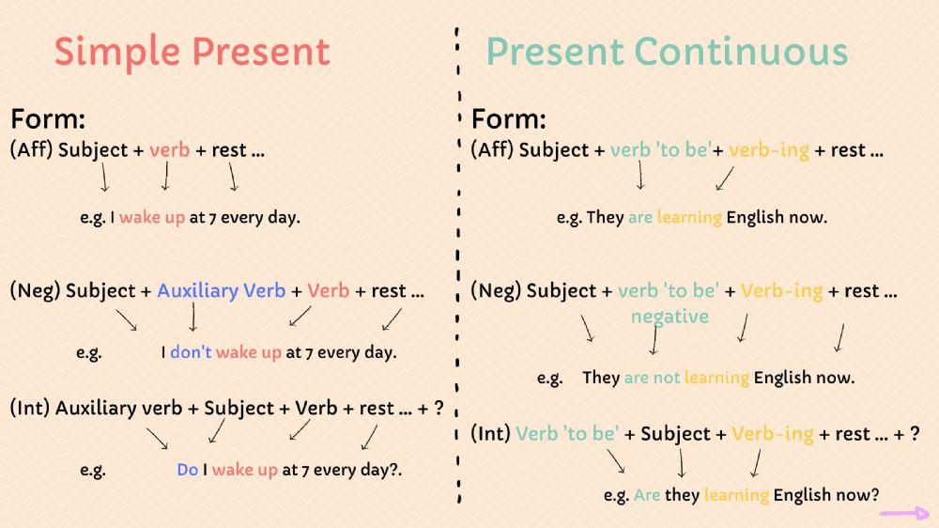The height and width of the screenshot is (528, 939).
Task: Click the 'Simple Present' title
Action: pos(192,52)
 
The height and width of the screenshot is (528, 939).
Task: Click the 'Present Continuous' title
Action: pos(667,52)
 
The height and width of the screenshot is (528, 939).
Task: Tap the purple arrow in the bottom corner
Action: pos(904,514)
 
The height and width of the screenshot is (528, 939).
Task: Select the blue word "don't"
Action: pos(191,353)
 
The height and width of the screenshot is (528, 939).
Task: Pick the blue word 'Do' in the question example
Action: pos(187,470)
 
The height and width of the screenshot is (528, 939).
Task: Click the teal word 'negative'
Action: pos(670,317)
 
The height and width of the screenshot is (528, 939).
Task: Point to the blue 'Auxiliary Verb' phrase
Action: pos(221,290)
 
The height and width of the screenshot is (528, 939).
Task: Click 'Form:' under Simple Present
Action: pos(48,119)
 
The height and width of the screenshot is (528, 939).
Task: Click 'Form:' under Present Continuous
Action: pos(508,119)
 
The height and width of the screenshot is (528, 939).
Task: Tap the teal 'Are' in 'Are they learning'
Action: pos(647,494)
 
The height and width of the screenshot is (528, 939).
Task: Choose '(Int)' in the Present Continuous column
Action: pos(490,434)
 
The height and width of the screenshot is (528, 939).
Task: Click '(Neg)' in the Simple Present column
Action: pos(35,290)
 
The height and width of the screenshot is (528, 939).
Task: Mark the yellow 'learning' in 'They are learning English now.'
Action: pos(689,217)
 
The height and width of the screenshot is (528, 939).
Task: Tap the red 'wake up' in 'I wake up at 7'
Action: pos(152,217)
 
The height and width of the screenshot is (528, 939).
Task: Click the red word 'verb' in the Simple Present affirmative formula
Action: pos(169,149)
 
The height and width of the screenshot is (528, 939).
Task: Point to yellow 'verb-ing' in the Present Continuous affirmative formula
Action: pos(768,149)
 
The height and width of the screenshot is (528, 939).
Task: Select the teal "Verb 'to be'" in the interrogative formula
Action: pos(567,434)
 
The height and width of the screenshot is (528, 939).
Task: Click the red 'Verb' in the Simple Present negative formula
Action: pos(328,290)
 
